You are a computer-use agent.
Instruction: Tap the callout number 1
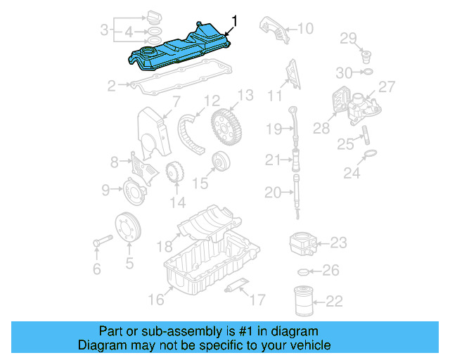tap(235, 21)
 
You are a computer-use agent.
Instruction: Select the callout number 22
tap(334, 302)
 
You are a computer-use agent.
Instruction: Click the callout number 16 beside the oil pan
tap(155, 300)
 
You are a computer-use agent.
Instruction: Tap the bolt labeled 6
tap(97, 244)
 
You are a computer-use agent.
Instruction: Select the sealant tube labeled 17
tap(235, 287)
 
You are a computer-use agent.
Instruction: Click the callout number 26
tap(330, 271)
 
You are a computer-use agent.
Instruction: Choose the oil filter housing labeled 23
tap(303, 244)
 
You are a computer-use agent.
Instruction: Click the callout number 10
tap(304, 29)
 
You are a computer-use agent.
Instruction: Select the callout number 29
tap(349, 37)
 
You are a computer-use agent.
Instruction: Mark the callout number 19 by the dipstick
tap(274, 128)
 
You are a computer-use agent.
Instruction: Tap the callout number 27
tap(387, 86)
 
